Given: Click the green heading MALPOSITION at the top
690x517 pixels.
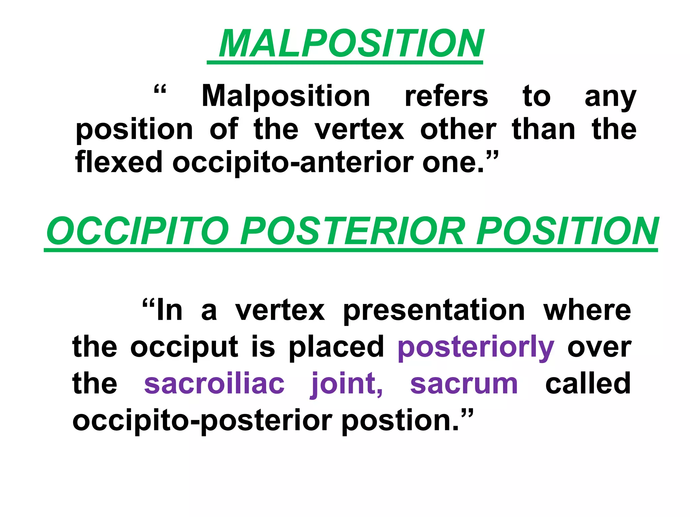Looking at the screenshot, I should pos(351,44).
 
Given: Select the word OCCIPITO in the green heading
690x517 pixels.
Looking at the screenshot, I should pos(138,231).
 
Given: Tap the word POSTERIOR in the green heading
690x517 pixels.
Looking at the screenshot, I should pos(352,231).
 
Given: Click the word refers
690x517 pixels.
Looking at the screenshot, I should pos(446,96).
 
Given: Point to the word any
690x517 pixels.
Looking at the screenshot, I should pos(610,98).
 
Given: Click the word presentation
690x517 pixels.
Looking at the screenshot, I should pos(434,310).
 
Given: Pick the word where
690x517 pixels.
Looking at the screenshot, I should pos(587,310).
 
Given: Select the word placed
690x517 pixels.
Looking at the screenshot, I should pos(336,347).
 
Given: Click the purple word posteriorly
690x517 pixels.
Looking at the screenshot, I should pos(476,349).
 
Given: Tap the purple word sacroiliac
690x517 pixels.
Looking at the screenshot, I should pos(214,384).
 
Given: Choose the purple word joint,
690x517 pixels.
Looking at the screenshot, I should pos(347,384).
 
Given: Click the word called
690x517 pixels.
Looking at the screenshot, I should pos(588,383).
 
